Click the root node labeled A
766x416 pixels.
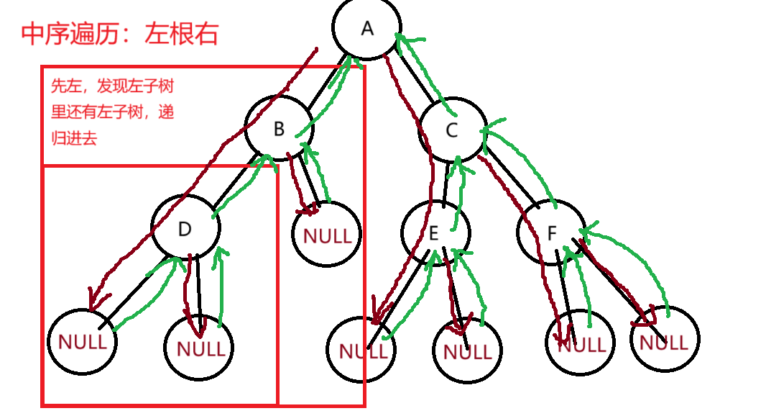point(366,29)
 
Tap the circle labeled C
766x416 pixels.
point(452,130)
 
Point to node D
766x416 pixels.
point(185,229)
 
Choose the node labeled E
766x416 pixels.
point(435,233)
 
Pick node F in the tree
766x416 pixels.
point(552,234)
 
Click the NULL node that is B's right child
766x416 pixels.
point(327,235)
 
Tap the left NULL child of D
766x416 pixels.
point(82,341)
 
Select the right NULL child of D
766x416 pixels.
point(199,348)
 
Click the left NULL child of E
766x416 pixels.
point(361,351)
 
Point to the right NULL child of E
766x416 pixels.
point(467,351)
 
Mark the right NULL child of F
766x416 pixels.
point(665,341)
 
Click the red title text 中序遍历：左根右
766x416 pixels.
point(119,34)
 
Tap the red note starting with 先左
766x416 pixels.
point(112,112)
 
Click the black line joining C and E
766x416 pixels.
point(446,181)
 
